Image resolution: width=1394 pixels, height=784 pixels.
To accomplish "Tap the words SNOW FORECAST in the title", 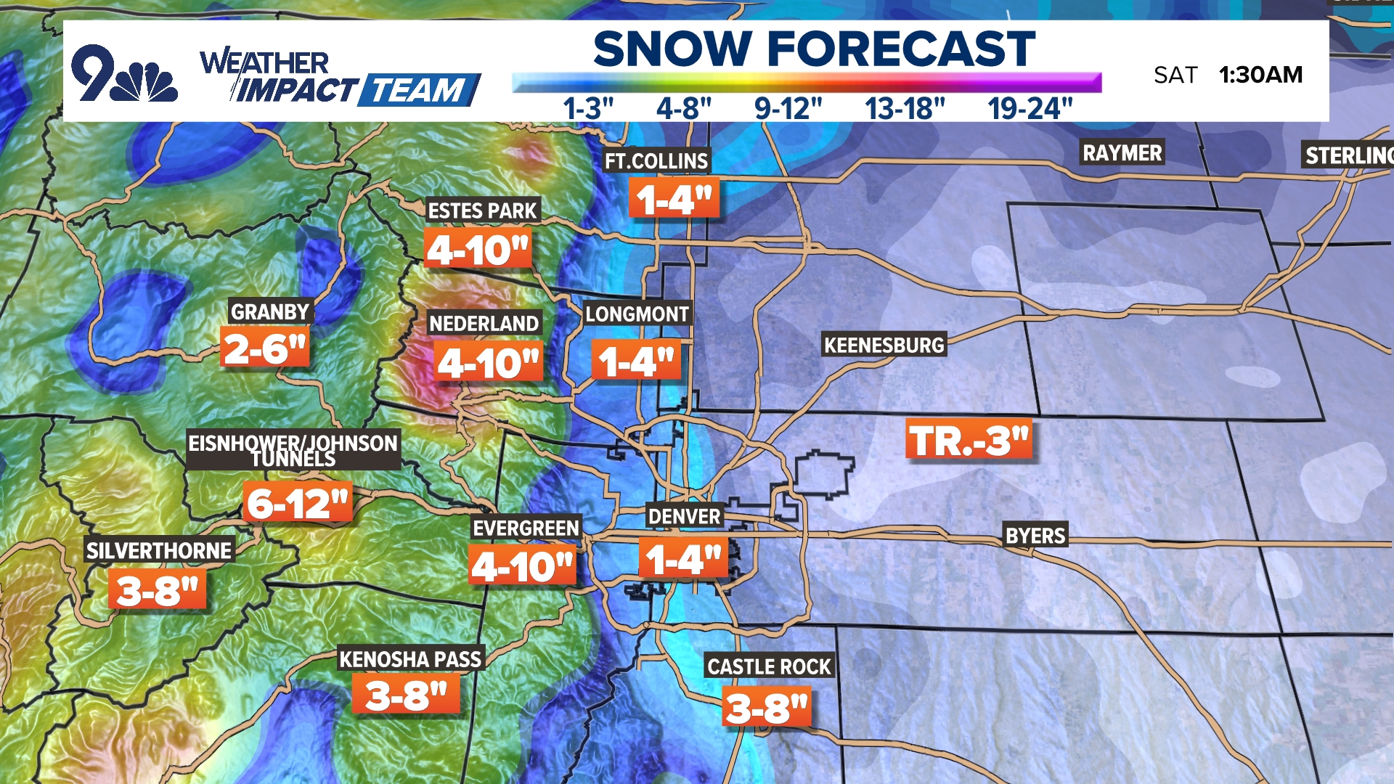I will pyautogui.click(x=814, y=49).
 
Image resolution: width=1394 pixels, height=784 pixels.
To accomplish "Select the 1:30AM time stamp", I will pyautogui.click(x=1260, y=75).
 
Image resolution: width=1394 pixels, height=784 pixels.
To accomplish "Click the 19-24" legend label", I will pyautogui.click(x=1030, y=109).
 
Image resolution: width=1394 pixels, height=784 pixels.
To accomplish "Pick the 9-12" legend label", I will pyautogui.click(x=788, y=109).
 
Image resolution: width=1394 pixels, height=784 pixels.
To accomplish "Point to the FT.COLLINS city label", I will pyautogui.click(x=656, y=160).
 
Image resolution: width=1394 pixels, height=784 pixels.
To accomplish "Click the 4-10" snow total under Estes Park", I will pyautogui.click(x=478, y=250).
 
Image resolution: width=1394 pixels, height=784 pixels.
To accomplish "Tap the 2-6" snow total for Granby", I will pyautogui.click(x=265, y=348).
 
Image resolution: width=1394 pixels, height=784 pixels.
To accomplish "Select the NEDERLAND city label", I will pyautogui.click(x=484, y=323).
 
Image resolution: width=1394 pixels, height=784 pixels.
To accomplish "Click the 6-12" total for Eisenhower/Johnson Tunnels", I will pyautogui.click(x=298, y=503).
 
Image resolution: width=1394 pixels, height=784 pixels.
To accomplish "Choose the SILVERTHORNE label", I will pyautogui.click(x=159, y=550).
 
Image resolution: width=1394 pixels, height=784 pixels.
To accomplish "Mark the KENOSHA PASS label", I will pyautogui.click(x=410, y=659).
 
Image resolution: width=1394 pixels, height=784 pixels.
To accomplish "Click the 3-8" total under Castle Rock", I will pyautogui.click(x=767, y=709).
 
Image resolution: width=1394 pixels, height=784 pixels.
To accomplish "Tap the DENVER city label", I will pyautogui.click(x=684, y=516).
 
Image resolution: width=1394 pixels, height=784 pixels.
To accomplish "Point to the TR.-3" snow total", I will pyautogui.click(x=969, y=440).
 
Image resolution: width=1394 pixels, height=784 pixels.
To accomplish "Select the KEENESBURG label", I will pyautogui.click(x=884, y=345).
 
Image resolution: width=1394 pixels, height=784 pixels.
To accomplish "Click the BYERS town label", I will pyautogui.click(x=1035, y=536).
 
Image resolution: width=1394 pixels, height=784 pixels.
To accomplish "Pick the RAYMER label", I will pyautogui.click(x=1122, y=152).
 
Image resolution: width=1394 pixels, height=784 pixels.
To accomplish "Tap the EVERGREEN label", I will pyautogui.click(x=526, y=528).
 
